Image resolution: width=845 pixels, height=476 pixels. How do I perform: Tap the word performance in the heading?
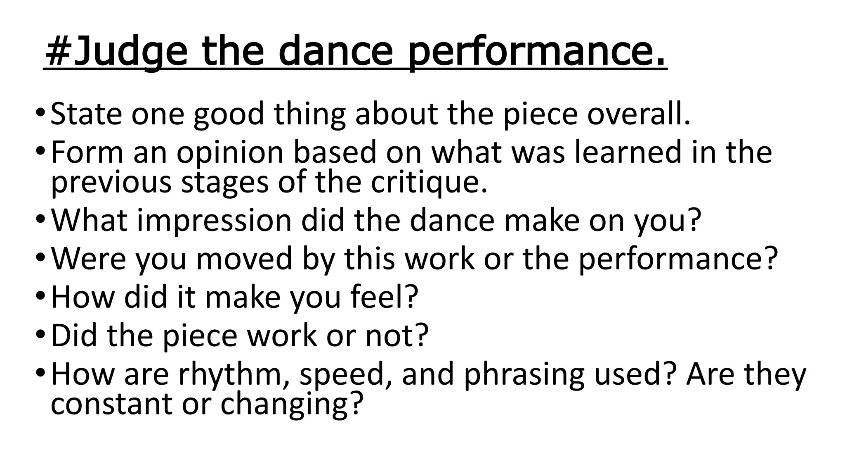pos(536,53)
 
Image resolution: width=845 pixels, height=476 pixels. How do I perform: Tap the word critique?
pos(429,183)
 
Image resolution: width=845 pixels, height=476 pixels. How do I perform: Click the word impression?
pos(215,221)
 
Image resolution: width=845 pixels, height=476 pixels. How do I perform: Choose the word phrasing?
pos(524,374)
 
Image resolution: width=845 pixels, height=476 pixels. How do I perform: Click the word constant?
pos(111,404)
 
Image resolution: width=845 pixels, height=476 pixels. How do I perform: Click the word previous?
pos(111,183)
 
